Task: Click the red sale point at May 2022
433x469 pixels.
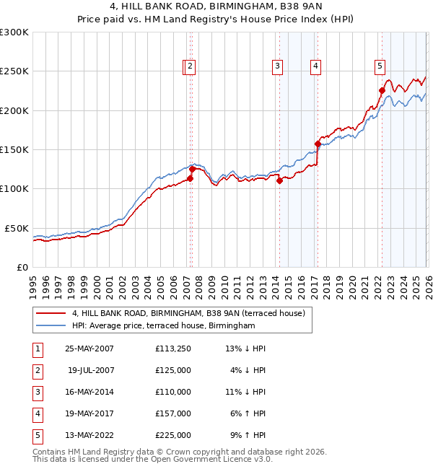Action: coord(382,91)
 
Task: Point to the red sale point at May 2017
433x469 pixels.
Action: coord(318,144)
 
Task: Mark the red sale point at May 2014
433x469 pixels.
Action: coord(279,181)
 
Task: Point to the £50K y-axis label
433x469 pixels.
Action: coord(17,228)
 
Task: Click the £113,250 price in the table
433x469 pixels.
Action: coord(173,349)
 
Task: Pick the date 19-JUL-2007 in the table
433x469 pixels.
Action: coord(90,370)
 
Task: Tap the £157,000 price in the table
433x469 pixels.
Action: coord(173,413)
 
